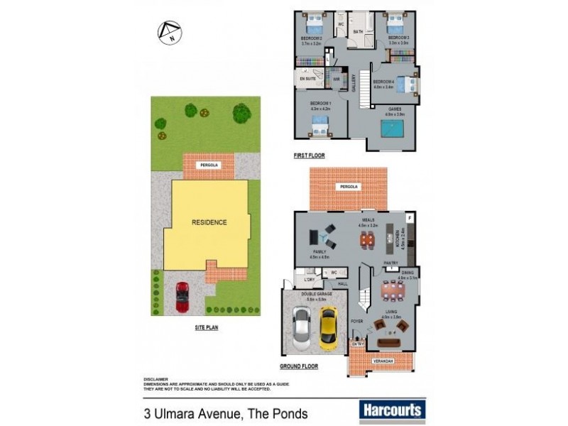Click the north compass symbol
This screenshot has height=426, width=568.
pyautogui.click(x=170, y=33)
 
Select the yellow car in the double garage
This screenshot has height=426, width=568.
pyautogui.click(x=327, y=328)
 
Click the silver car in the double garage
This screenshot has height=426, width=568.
pyautogui.click(x=301, y=331)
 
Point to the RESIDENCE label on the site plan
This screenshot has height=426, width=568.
pyautogui.click(x=209, y=222)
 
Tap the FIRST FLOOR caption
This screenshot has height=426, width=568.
pyautogui.click(x=309, y=155)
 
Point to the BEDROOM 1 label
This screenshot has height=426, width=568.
pyautogui.click(x=320, y=104)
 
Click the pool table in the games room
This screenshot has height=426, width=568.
pyautogui.click(x=393, y=129)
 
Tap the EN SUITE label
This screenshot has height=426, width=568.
pyautogui.click(x=307, y=80)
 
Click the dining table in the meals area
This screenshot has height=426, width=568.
pyautogui.click(x=366, y=240)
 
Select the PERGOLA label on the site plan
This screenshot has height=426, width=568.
pyautogui.click(x=207, y=165)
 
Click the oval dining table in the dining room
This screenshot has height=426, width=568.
pyautogui.click(x=390, y=289)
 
